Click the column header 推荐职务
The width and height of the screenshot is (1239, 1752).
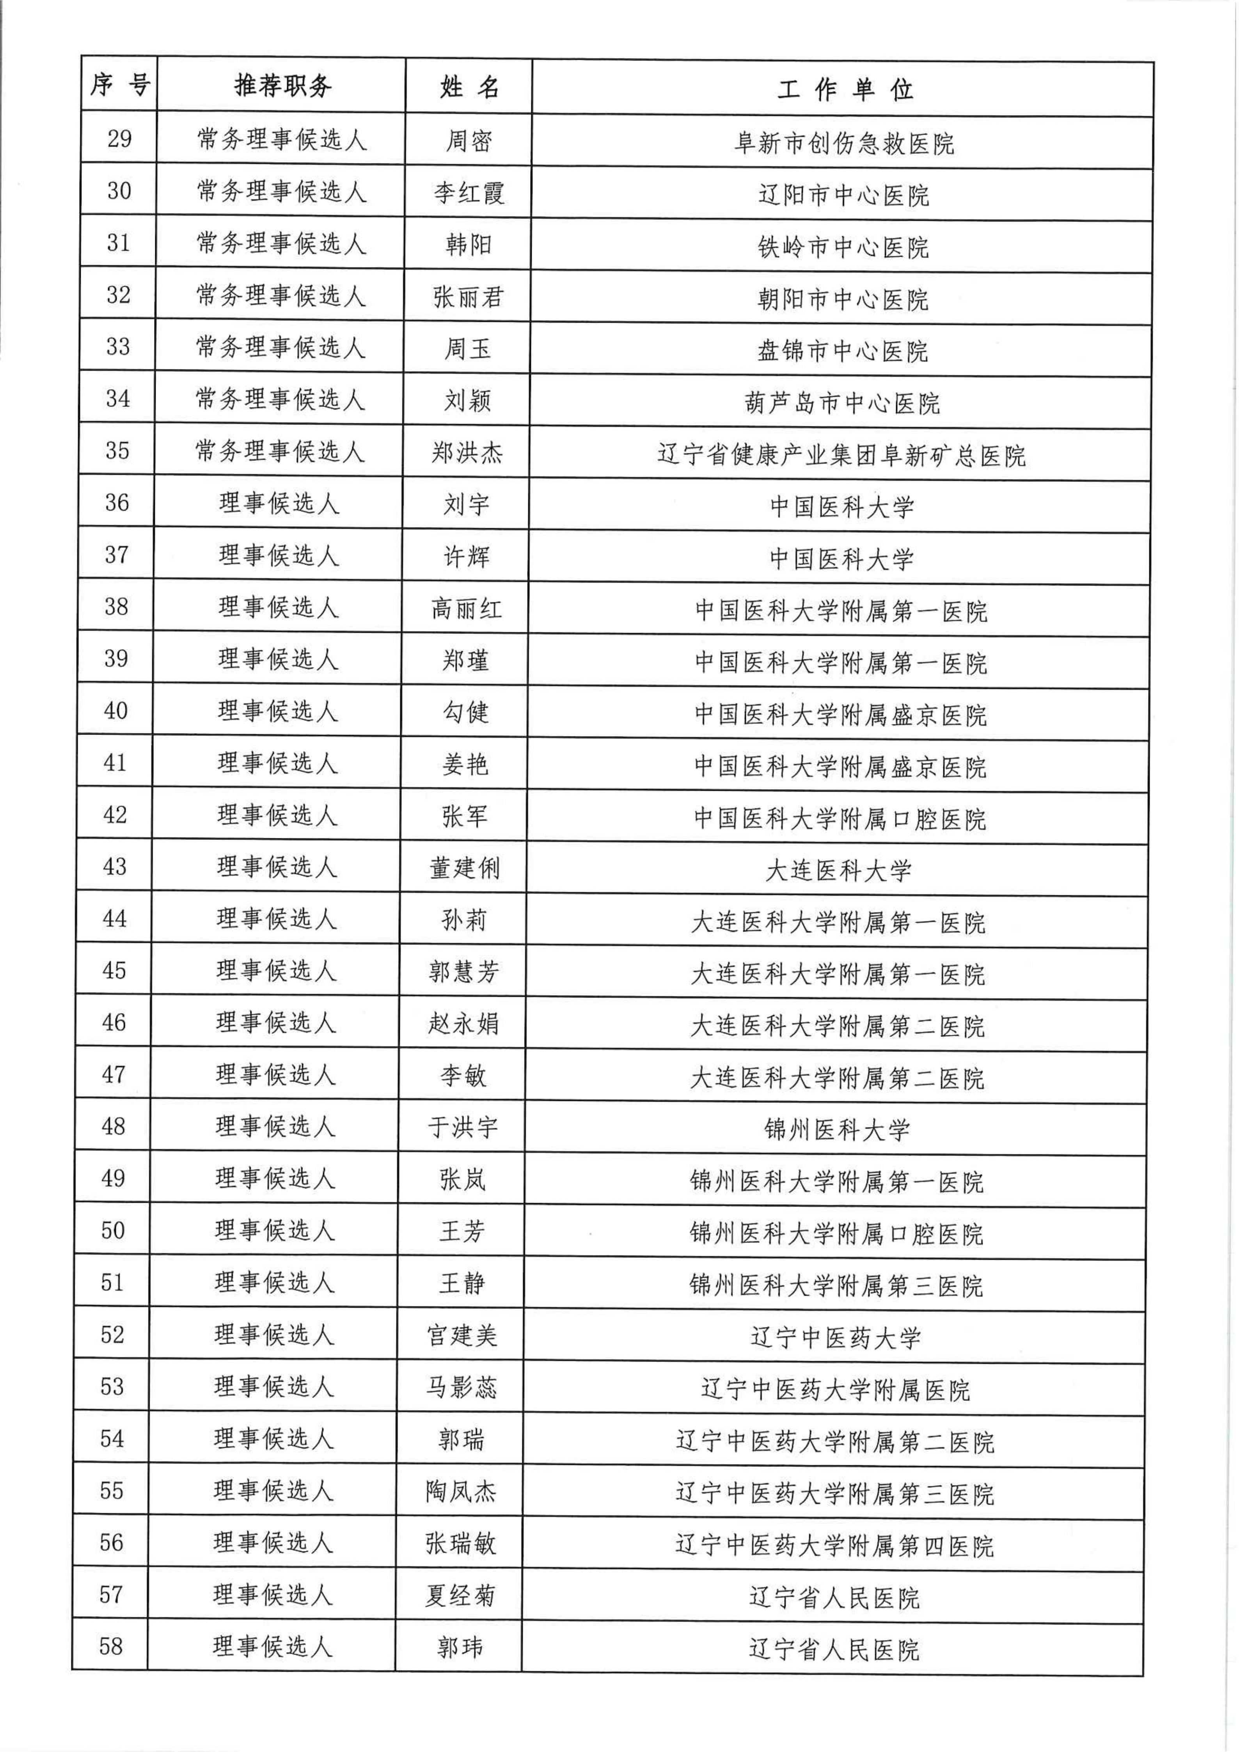pos(282,85)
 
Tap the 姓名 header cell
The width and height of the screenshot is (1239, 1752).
pos(469,87)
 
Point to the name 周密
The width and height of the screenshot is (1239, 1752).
pos(469,140)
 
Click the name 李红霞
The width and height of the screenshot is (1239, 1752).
pos(469,192)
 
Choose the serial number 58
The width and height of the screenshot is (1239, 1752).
pos(112,1646)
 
